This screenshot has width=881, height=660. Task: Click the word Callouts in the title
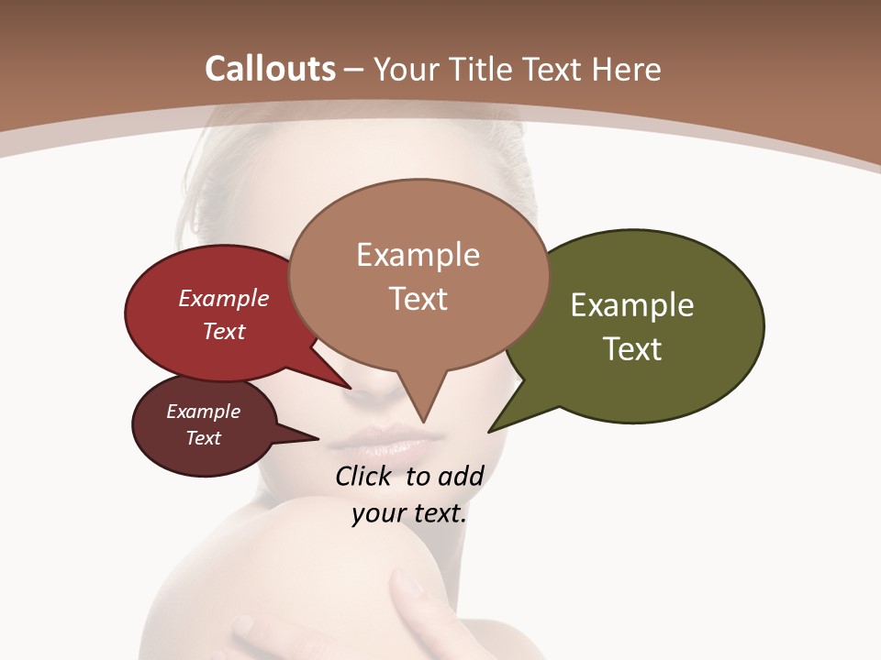click(x=270, y=69)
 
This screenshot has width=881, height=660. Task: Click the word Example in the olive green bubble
click(x=632, y=305)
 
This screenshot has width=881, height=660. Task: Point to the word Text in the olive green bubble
click(x=632, y=349)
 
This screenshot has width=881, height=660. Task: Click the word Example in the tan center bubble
click(x=418, y=255)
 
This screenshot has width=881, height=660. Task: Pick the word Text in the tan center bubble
click(x=418, y=299)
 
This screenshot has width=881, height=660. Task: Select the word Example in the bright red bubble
click(x=224, y=298)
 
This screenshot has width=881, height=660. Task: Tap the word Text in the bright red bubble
click(x=224, y=332)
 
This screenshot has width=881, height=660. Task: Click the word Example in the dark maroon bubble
click(x=204, y=412)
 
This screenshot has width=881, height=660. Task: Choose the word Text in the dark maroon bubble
click(x=204, y=438)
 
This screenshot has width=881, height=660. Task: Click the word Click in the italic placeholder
click(x=363, y=476)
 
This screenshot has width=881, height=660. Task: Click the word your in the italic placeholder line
click(x=377, y=513)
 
